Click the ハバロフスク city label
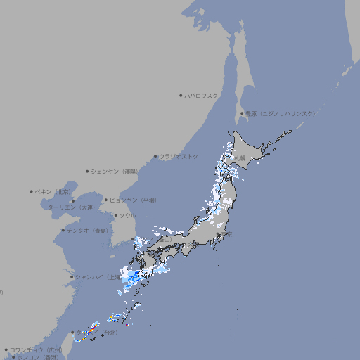click(x=201, y=95)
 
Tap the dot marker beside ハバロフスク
click(x=181, y=95)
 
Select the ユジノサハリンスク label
click(x=280, y=113)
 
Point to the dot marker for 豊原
click(x=242, y=113)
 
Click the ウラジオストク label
click(x=179, y=156)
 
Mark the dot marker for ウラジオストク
click(x=155, y=156)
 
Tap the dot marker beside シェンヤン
click(x=88, y=171)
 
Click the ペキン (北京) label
click(x=53, y=191)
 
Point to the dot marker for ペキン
click(x=32, y=191)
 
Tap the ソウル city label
click(x=127, y=215)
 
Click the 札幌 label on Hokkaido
click(x=240, y=158)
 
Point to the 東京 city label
click(x=228, y=234)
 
